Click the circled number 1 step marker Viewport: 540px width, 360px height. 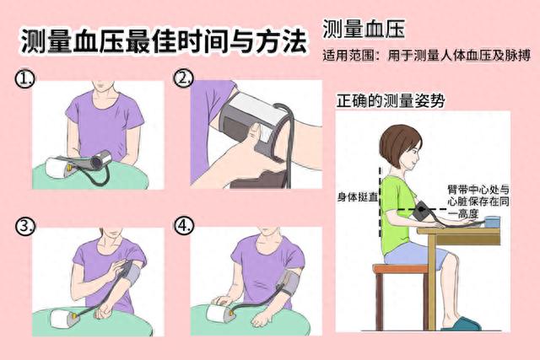click(x=24, y=78)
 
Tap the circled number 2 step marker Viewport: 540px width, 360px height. click(x=183, y=78)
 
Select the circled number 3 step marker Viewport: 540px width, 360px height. click(x=24, y=226)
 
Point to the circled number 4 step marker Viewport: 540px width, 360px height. click(x=184, y=225)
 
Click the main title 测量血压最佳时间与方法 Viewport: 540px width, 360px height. click(x=164, y=41)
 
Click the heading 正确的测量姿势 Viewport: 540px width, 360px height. click(x=390, y=101)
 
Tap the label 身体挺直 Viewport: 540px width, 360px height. click(x=357, y=197)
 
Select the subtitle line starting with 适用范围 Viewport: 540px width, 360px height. click(x=426, y=56)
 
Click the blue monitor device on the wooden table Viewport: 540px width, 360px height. click(x=492, y=221)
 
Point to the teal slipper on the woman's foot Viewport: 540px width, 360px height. click(x=462, y=325)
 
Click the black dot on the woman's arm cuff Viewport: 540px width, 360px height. click(x=421, y=208)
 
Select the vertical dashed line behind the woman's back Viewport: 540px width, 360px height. click(x=381, y=202)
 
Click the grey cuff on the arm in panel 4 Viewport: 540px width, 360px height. click(x=289, y=282)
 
